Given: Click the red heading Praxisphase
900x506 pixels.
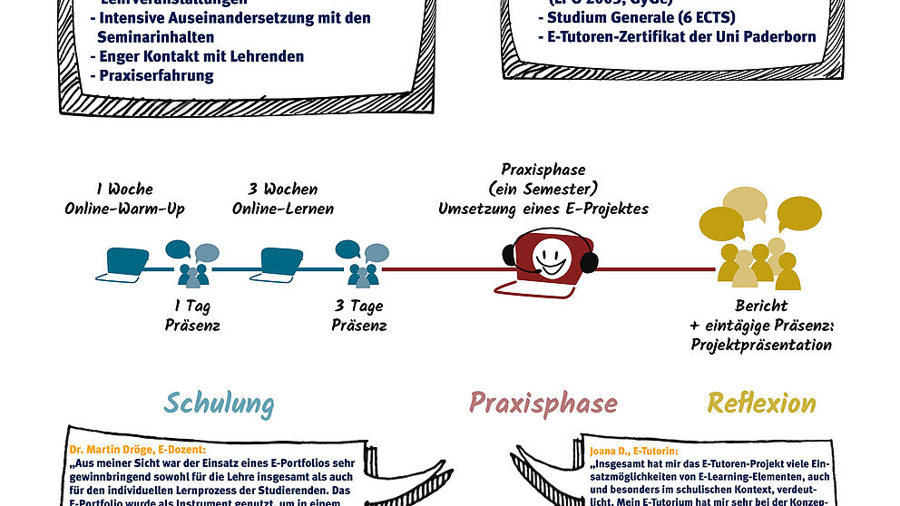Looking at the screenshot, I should tap(543, 404).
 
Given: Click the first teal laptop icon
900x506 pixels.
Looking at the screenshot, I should tap(128, 260).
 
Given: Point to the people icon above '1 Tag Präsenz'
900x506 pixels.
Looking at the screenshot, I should tap(191, 262).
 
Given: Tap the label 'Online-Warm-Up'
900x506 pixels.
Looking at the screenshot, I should tap(124, 209).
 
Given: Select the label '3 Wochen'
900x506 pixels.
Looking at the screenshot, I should tap(283, 190).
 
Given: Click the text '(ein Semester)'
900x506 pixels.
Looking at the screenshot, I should tap(543, 189).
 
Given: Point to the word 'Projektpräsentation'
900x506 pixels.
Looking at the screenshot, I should tap(761, 345).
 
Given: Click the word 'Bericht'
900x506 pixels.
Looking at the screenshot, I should tap(762, 306).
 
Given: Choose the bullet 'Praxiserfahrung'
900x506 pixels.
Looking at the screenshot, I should tap(156, 75).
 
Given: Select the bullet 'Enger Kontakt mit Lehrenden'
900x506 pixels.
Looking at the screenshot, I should tap(201, 56).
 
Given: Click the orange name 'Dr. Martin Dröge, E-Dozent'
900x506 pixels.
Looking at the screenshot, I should tap(137, 448).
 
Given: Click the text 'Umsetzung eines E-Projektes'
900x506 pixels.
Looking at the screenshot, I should tap(543, 209).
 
